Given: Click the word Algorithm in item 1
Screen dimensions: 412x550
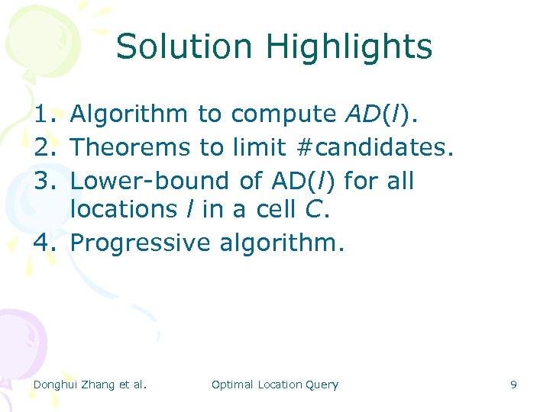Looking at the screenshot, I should [x=128, y=114].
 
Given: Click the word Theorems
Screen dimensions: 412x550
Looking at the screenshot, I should [x=130, y=148].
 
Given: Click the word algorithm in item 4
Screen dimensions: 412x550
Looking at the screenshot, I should [x=282, y=243].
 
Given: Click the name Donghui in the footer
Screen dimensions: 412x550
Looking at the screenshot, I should [x=57, y=385].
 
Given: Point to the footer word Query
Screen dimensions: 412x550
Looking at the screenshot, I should [x=322, y=385].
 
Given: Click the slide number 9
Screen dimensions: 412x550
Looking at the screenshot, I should [x=513, y=385].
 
